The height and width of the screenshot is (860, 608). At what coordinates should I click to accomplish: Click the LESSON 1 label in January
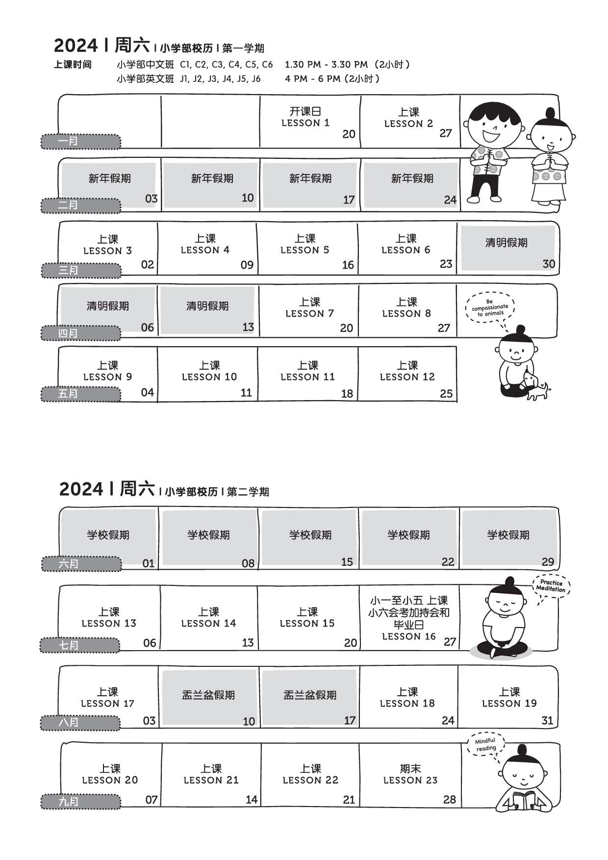point(305,123)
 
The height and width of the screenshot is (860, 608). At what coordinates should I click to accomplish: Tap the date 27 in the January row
point(445,133)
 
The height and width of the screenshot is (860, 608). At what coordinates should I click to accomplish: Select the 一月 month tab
point(80,141)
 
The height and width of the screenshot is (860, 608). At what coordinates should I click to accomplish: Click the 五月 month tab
point(80,394)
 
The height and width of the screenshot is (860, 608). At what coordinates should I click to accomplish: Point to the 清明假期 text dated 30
point(507,243)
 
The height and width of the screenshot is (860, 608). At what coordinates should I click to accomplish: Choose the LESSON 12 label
point(407,377)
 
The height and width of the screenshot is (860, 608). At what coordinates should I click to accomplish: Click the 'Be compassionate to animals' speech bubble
point(490,308)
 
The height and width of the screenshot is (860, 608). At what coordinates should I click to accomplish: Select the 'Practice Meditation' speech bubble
point(551,586)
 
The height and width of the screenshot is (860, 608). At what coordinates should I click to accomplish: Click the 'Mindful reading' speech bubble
point(486,745)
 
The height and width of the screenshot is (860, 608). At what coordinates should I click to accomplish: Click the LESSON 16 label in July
point(409,636)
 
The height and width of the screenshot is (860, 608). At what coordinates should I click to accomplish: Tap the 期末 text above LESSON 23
point(410,768)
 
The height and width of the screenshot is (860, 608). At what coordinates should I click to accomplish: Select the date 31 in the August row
point(547,720)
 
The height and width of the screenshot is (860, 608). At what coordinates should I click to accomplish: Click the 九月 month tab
point(80,802)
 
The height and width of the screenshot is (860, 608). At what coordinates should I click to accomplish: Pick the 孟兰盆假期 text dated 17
point(310,695)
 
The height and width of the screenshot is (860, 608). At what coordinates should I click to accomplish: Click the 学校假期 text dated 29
point(508,535)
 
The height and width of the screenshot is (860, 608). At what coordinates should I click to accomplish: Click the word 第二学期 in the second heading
point(248,492)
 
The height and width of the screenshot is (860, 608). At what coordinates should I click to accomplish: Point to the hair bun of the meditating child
point(509,582)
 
